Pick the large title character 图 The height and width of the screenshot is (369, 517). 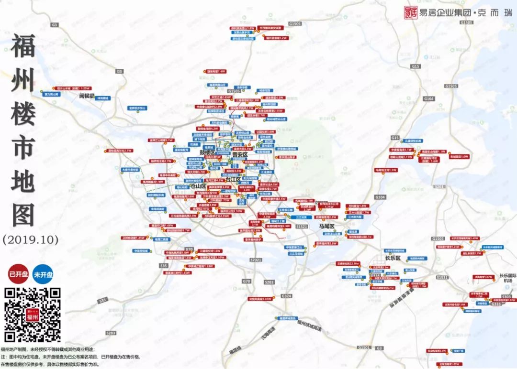coord(23,215)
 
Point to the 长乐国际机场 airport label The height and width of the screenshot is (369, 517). coord(508,278)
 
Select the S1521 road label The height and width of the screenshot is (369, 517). coord(301,225)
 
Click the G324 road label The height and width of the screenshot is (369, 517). coord(286,296)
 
